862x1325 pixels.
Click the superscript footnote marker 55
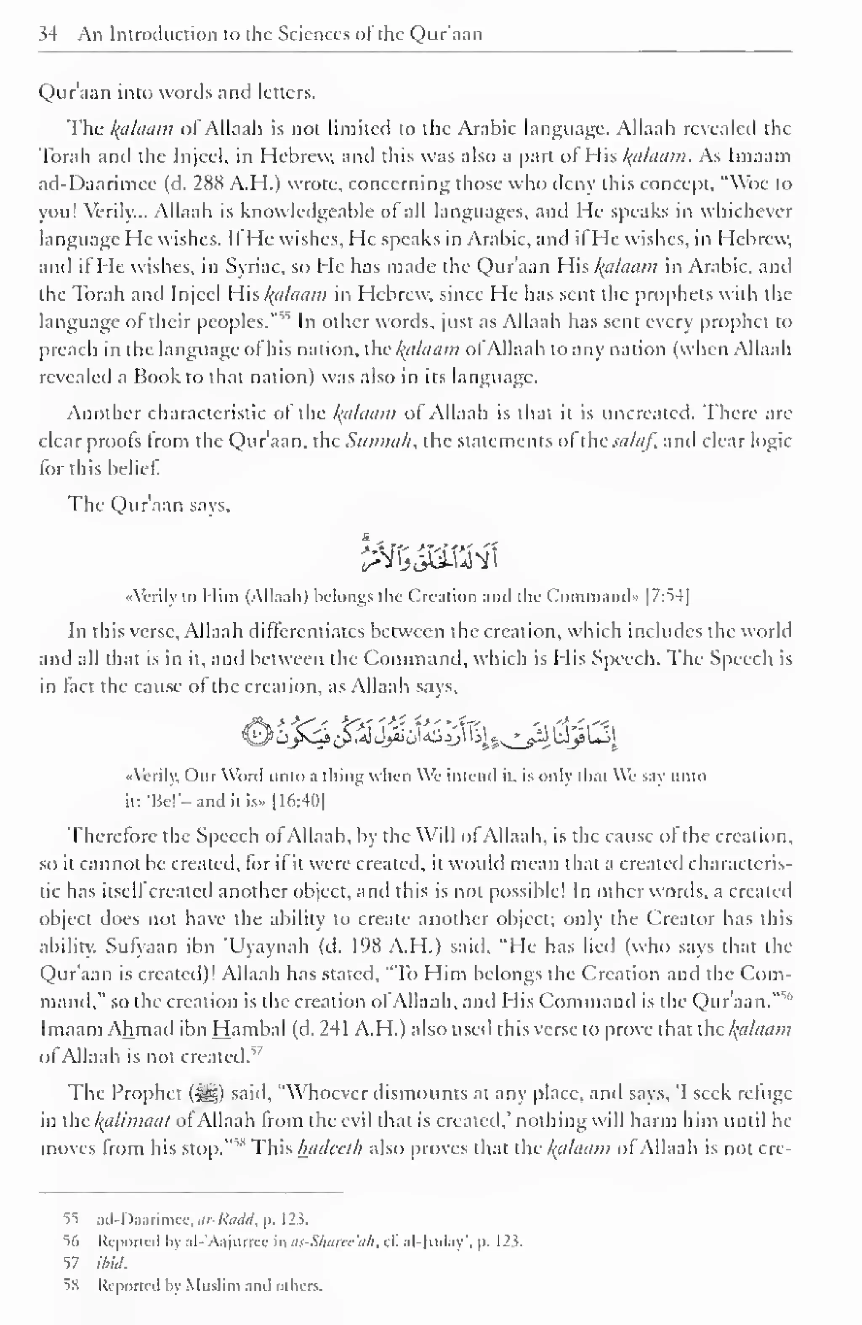click(x=284, y=316)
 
